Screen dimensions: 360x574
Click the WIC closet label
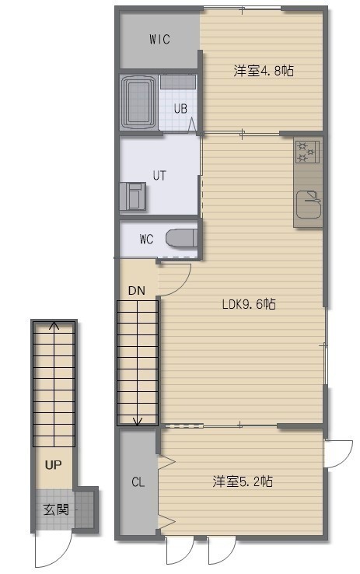(159, 39)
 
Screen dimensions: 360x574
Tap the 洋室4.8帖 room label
(264, 70)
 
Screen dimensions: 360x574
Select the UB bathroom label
(180, 108)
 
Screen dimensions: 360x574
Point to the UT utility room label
(159, 176)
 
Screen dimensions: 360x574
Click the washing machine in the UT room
(132, 196)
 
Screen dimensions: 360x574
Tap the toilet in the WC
(181, 238)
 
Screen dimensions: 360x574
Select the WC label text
(146, 239)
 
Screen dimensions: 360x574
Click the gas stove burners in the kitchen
(306, 152)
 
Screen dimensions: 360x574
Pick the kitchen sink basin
(309, 204)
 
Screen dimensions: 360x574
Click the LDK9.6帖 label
(249, 304)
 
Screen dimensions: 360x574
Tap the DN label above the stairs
(137, 291)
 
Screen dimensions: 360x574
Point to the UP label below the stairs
(53, 465)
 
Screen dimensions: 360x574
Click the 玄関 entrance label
(56, 509)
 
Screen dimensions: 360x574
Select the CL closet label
(138, 482)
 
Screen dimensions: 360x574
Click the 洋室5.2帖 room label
(243, 481)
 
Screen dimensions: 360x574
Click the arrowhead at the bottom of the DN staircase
(137, 422)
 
